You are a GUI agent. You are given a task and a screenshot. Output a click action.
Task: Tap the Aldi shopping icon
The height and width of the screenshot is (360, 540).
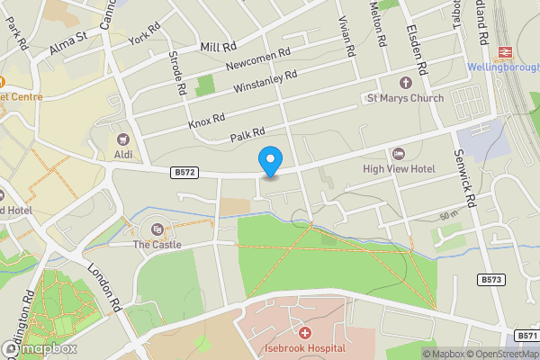123,139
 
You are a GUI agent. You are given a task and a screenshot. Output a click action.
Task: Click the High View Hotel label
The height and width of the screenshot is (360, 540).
399,168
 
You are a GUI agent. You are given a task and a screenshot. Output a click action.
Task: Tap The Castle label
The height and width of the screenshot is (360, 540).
157,244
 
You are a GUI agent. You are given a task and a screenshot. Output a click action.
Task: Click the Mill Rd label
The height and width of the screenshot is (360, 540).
218,46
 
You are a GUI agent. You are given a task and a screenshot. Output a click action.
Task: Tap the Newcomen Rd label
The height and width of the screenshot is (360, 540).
258,60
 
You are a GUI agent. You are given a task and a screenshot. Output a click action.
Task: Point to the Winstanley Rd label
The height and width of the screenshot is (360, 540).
265,82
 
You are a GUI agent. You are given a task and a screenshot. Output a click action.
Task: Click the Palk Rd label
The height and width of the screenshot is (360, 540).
247,135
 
